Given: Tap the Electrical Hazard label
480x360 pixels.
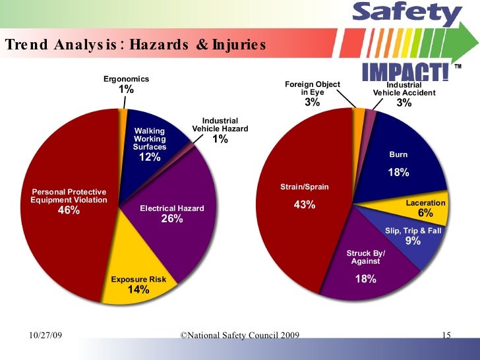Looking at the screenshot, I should pos(172,209).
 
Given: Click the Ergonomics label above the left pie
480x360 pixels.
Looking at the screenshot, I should pos(126,79).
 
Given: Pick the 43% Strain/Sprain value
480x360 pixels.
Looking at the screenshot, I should pos(304,205).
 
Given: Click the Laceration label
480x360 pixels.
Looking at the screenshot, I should pos(425,203).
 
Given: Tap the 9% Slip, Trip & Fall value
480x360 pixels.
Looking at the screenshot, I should pos(413,241).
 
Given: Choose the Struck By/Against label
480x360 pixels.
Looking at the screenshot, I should pos(366,257).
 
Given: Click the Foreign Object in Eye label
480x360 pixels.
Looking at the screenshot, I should pos(312,88).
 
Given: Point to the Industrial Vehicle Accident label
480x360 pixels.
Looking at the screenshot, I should pos(404,89).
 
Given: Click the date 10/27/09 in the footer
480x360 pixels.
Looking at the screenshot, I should pos(46,336).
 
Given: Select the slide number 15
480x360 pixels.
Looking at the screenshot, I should pos(446,336).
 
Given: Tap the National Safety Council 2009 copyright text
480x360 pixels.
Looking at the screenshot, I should pos(239,336).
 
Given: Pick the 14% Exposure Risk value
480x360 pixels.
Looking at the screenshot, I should pos(138,290).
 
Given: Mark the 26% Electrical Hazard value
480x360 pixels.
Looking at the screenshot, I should pos(172,220).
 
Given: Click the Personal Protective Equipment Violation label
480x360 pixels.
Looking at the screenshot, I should pos(69,196).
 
